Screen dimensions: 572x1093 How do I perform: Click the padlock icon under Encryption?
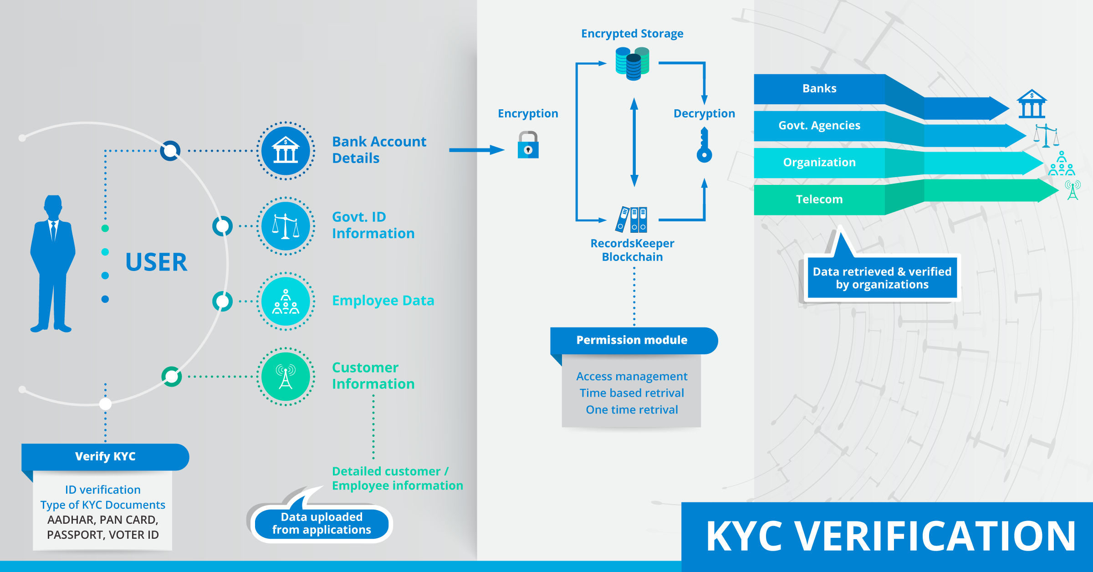pos(528,145)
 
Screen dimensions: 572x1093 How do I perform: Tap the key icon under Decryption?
pos(704,146)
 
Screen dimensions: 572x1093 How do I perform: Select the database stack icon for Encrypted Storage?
pos(632,64)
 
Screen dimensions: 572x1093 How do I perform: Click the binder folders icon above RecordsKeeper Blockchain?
pos(632,220)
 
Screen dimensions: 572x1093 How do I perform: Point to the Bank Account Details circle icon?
pos(286,151)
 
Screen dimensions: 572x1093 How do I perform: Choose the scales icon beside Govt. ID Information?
pos(286,226)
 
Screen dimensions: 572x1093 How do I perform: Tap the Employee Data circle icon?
pos(286,301)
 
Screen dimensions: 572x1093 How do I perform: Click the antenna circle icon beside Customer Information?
pos(286,377)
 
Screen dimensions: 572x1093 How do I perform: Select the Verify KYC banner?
pos(105,457)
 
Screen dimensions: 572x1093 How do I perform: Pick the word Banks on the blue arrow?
pos(819,88)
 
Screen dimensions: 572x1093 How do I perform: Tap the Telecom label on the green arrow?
pos(819,199)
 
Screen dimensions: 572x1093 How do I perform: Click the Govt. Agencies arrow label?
pos(819,125)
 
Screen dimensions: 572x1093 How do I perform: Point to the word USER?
pos(156,262)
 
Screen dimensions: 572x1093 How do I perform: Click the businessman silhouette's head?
pos(53,207)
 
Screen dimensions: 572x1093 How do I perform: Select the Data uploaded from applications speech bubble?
pos(322,523)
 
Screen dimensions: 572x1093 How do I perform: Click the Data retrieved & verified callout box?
pos(882,278)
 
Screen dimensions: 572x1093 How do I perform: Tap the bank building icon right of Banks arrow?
pos(1032,104)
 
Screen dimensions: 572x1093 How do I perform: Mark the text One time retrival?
pos(632,410)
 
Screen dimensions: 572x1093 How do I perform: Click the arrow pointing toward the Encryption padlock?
pos(476,150)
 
